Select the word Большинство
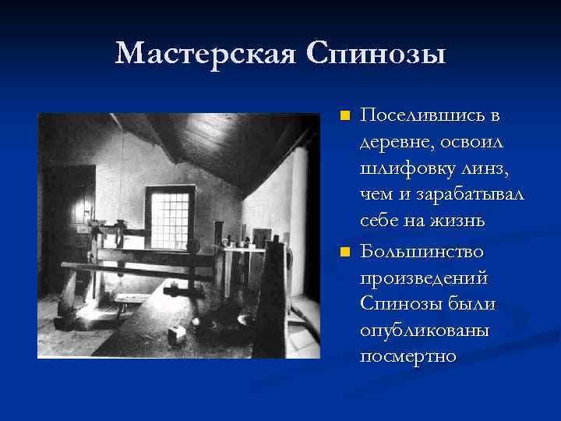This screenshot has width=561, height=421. [x=422, y=252]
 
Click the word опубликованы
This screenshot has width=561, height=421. [x=425, y=331]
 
